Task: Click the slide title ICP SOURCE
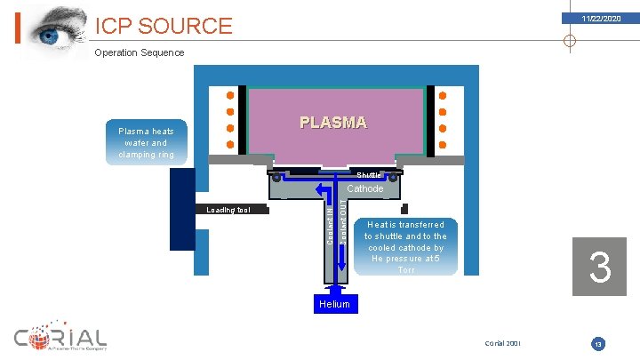pyautogui.click(x=164, y=27)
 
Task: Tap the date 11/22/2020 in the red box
pyautogui.click(x=602, y=19)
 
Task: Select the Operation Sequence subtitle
pyautogui.click(x=140, y=52)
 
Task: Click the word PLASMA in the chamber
pyautogui.click(x=332, y=123)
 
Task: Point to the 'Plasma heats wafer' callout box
pyautogui.click(x=146, y=142)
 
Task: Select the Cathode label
pyautogui.click(x=364, y=188)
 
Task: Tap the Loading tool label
pyautogui.click(x=228, y=211)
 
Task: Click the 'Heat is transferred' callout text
pyautogui.click(x=405, y=247)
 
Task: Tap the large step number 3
pyautogui.click(x=600, y=267)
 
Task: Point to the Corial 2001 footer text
pyautogui.click(x=503, y=343)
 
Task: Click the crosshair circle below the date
pyautogui.click(x=570, y=40)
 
